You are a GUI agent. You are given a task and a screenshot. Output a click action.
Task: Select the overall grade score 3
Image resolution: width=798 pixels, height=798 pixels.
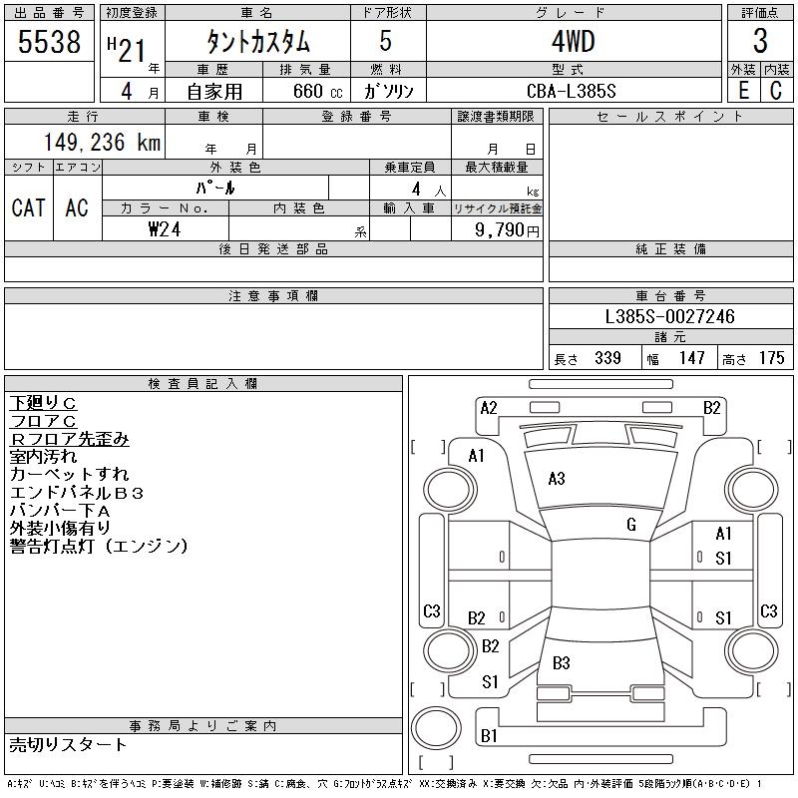760,42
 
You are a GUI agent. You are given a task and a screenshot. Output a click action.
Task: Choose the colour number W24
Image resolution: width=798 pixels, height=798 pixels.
166,228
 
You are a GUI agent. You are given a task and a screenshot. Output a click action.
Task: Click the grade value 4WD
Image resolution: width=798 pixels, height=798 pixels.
573,43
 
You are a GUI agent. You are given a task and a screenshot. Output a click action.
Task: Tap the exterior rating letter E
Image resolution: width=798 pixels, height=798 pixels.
742,91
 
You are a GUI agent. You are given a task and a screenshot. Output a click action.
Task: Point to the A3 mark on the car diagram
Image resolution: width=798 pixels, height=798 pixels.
557,479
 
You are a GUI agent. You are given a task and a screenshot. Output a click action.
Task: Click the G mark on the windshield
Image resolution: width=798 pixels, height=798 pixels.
630,524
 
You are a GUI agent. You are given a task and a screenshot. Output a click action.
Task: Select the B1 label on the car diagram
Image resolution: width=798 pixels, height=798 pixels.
489,736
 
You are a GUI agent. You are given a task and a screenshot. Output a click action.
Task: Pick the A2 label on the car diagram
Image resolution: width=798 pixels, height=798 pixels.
489,407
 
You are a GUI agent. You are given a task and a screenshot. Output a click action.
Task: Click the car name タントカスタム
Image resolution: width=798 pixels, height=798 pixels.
258,43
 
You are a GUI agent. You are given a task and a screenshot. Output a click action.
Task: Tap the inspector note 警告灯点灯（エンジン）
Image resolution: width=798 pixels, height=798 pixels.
99,547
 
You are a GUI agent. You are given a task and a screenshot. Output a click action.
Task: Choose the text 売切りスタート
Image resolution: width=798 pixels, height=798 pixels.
68,745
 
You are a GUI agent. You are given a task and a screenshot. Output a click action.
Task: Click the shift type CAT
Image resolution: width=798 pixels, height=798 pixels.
28,207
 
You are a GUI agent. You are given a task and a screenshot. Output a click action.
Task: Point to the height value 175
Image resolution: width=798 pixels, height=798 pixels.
771,358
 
